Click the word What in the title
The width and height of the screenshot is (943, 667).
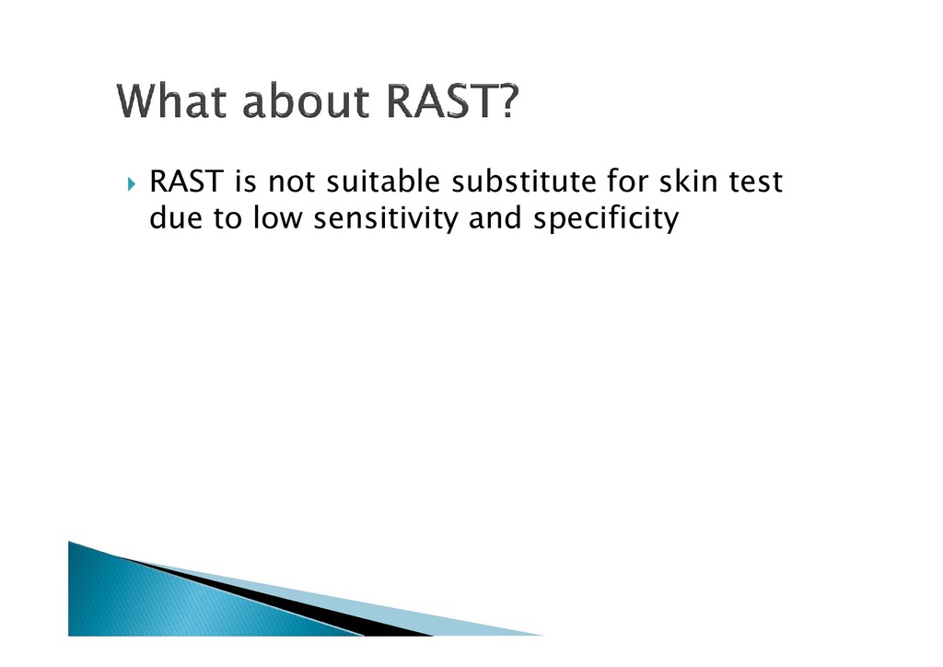coord(173,100)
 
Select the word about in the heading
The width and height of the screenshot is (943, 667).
coord(306,100)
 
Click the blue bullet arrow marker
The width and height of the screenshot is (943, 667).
coord(133,183)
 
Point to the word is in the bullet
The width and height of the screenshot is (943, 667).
coord(246,181)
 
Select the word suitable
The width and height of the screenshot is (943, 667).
coord(383,181)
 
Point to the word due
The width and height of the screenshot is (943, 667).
coord(175,217)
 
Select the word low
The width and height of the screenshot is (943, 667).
coord(277,217)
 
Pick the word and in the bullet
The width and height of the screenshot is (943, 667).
coord(495,217)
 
